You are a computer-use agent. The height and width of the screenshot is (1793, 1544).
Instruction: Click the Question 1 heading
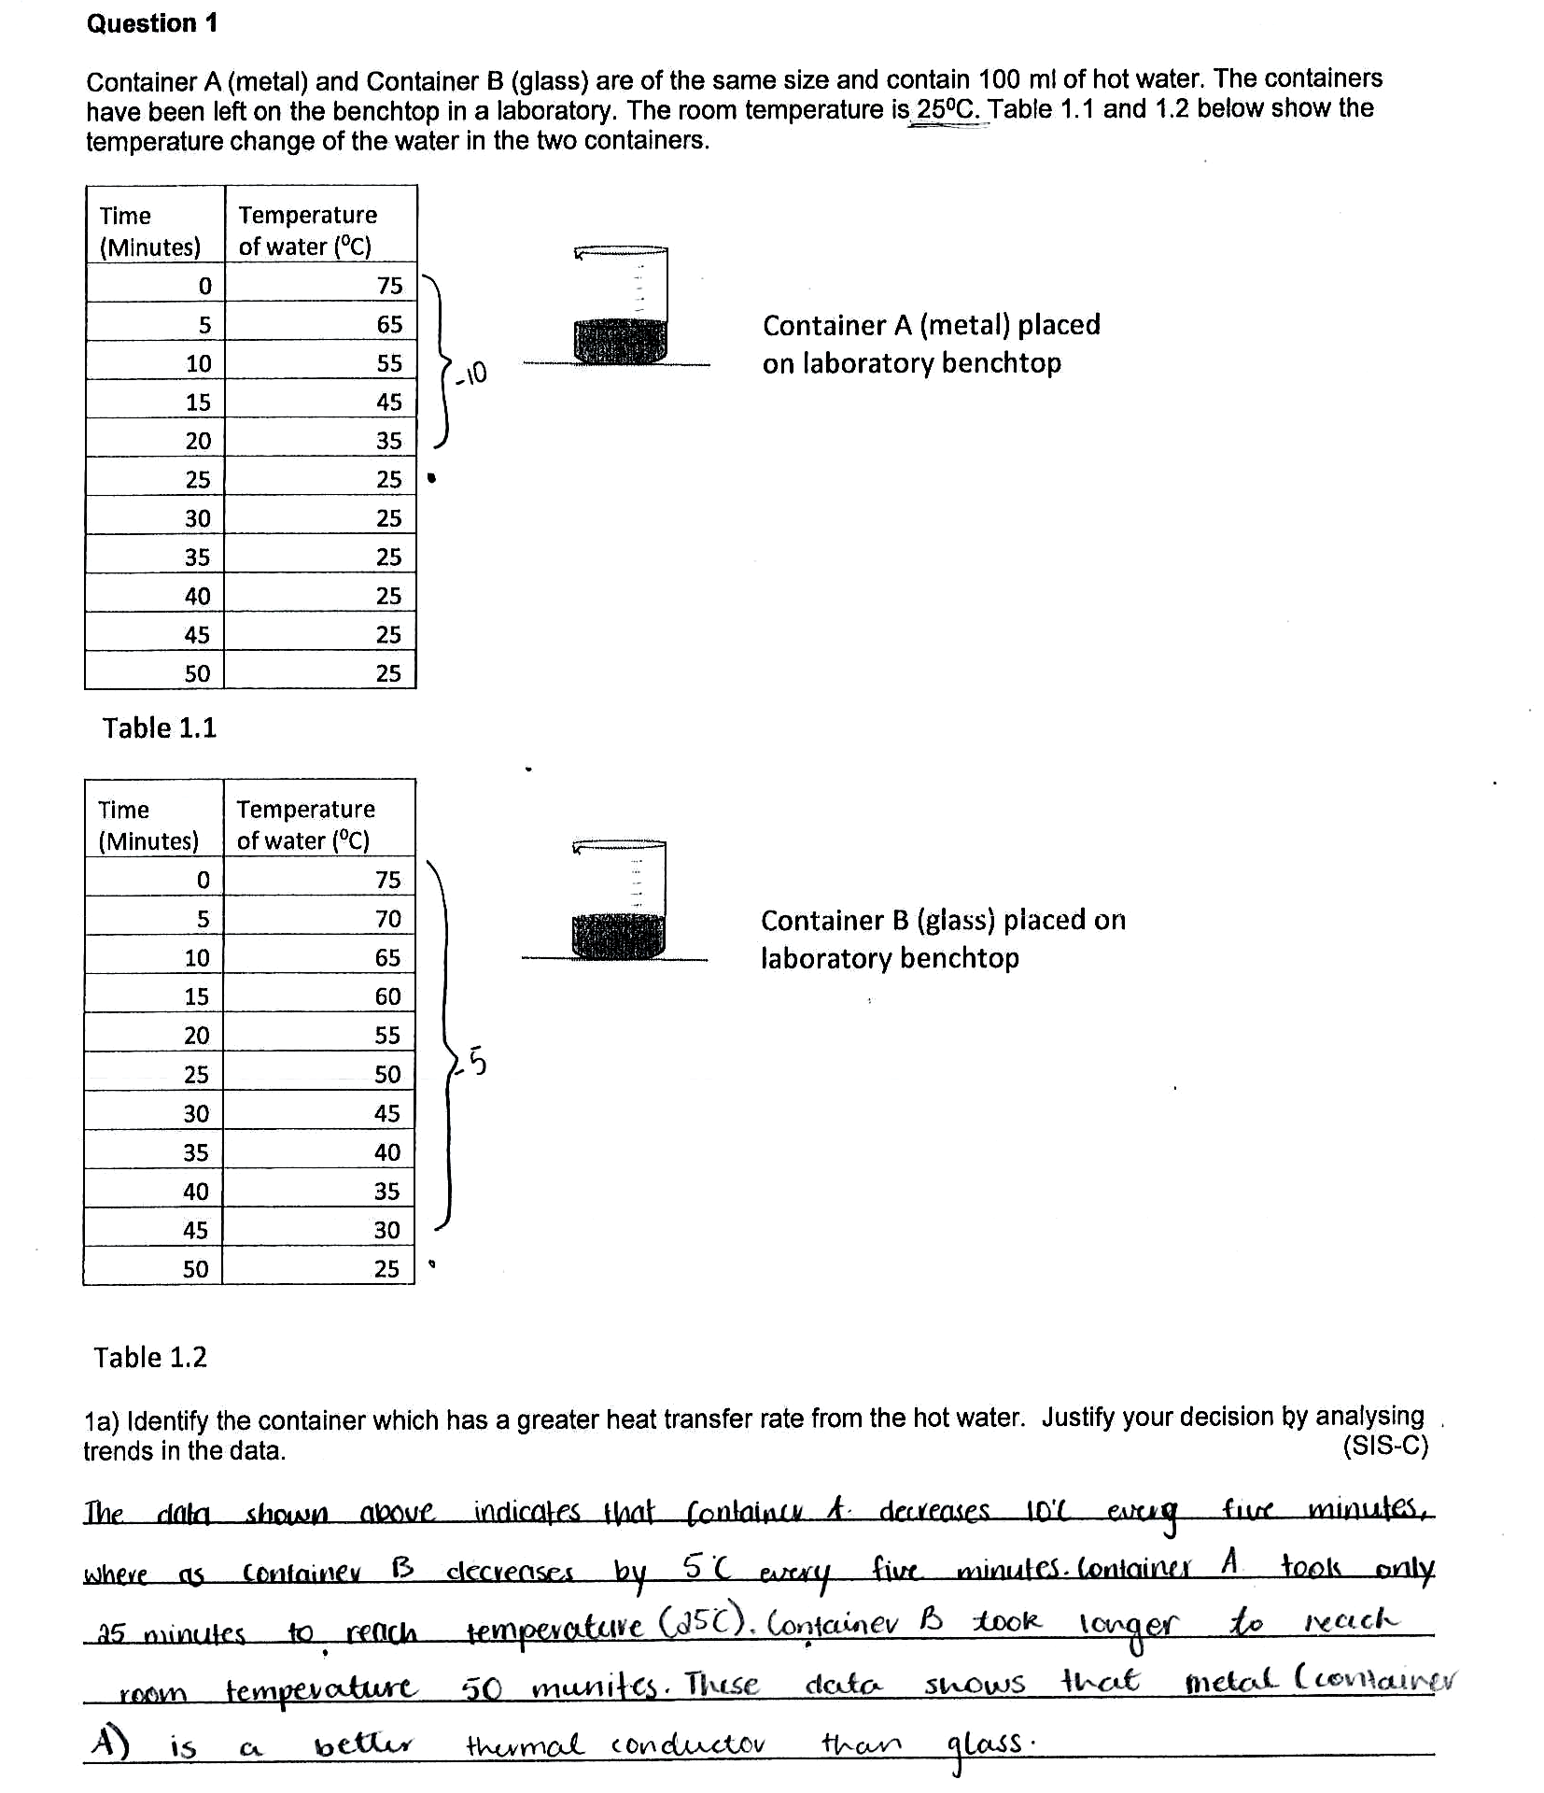(x=152, y=23)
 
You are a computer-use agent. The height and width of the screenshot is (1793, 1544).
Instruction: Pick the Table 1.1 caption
(x=159, y=727)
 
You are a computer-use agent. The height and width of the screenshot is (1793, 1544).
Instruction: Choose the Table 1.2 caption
(x=149, y=1357)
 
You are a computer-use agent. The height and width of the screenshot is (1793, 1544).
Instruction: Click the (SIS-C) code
(x=1384, y=1447)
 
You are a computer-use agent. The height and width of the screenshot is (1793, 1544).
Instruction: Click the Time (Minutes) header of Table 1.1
(x=150, y=231)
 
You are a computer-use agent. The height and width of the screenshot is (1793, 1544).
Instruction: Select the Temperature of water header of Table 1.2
(x=305, y=825)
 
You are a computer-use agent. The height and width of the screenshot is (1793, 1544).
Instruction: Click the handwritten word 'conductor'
(x=688, y=1744)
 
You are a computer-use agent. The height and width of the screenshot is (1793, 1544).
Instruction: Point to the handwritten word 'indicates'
(x=526, y=1511)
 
